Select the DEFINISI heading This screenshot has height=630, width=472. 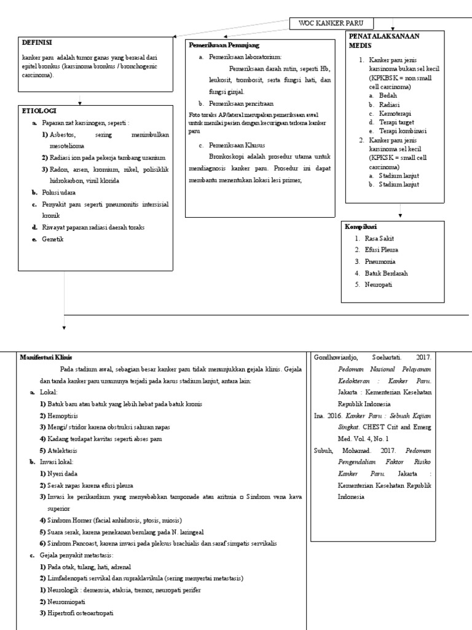tap(37, 42)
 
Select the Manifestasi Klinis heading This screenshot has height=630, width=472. tap(46, 357)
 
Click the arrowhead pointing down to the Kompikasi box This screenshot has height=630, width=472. tap(400, 216)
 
